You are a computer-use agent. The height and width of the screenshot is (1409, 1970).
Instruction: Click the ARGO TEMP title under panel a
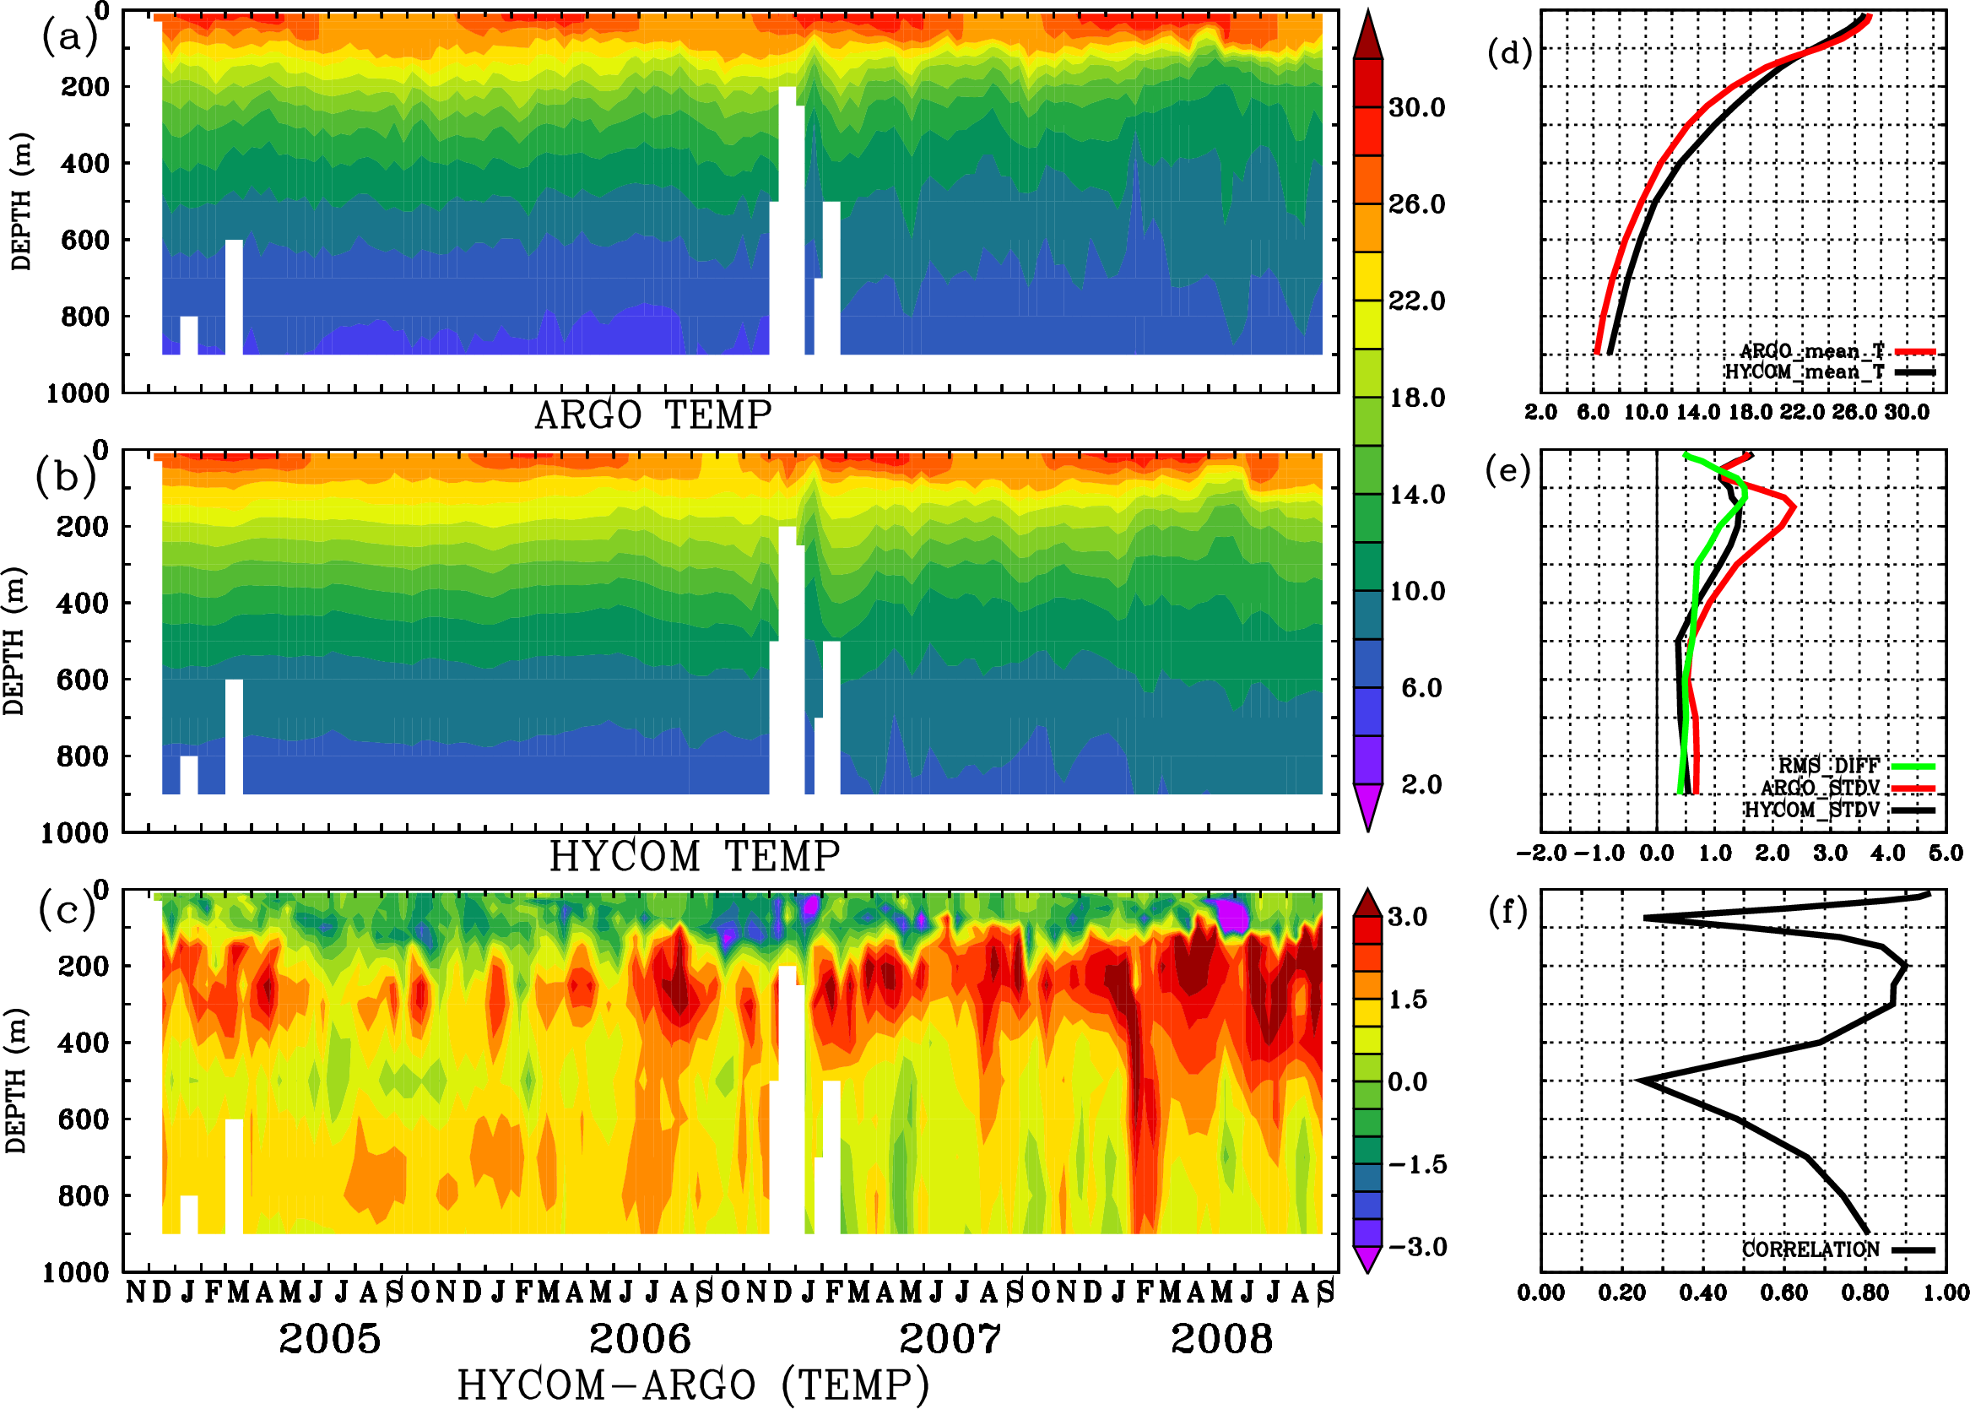click(x=652, y=415)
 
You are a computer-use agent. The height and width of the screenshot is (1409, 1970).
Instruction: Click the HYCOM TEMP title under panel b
click(x=694, y=856)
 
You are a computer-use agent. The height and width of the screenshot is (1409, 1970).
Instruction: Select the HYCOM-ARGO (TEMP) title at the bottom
click(x=692, y=1385)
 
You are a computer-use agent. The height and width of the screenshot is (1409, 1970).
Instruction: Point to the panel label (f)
click(x=1507, y=911)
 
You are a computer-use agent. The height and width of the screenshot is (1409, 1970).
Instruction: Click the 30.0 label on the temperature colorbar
click(x=1416, y=107)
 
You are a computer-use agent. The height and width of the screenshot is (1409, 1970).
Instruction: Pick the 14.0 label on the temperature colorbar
click(x=1416, y=495)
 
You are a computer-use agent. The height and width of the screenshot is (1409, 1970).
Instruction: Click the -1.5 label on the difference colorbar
click(x=1416, y=1164)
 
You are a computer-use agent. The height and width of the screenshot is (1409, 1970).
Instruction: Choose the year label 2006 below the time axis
click(x=640, y=1339)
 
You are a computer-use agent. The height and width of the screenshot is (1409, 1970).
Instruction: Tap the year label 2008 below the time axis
click(x=1222, y=1339)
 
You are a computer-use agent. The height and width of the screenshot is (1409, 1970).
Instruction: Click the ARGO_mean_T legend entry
click(x=1812, y=351)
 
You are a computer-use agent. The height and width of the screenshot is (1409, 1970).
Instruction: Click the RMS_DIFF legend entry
click(x=1828, y=765)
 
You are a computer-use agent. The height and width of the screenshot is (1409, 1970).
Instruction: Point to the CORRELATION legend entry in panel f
click(x=1811, y=1249)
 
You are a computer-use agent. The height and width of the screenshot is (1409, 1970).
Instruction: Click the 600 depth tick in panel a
click(x=84, y=241)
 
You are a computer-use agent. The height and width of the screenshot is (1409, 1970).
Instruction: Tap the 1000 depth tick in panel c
click(x=76, y=1273)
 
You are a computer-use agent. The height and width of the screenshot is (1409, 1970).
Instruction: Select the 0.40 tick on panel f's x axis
click(x=1702, y=1293)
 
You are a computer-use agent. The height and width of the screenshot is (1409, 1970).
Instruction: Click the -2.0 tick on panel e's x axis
click(x=1540, y=853)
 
